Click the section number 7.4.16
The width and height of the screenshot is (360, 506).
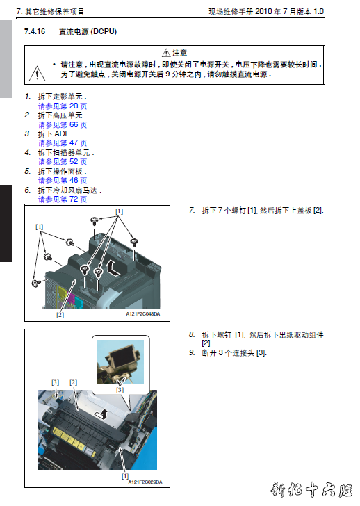(35, 32)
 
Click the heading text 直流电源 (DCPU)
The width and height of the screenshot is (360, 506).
(88, 32)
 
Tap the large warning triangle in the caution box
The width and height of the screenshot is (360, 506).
(37, 73)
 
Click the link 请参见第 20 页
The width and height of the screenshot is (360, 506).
(63, 106)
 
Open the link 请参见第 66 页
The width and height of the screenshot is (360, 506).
(63, 124)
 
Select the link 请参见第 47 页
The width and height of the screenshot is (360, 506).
(63, 143)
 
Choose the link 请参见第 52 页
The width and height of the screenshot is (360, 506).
(63, 162)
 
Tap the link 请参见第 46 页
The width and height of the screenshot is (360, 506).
(63, 181)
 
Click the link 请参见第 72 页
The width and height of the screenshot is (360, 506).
(63, 199)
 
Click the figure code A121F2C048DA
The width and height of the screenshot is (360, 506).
(143, 314)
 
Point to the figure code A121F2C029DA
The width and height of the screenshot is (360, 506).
(145, 482)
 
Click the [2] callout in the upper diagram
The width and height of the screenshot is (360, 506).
(60, 315)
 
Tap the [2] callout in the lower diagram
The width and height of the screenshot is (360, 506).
(73, 382)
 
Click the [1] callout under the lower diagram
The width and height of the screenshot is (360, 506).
(125, 476)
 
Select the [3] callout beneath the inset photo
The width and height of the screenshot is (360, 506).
(120, 390)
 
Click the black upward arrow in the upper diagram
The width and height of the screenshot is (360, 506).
(113, 268)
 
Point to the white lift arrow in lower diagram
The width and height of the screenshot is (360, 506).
(101, 414)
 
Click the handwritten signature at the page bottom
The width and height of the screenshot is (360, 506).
(311, 490)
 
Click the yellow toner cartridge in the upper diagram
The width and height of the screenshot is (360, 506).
(63, 293)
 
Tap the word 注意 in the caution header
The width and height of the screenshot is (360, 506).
(180, 53)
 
